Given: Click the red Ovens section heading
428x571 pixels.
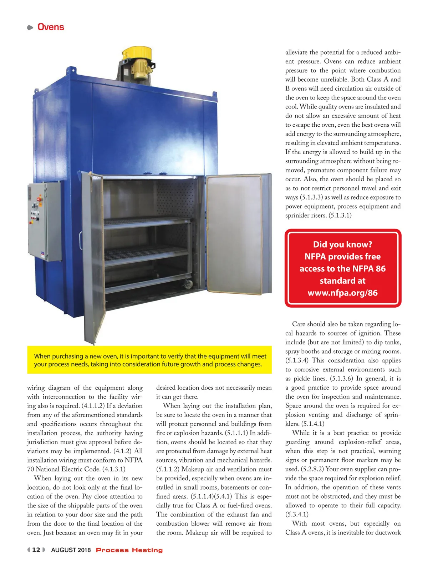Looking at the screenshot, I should pyautogui.click(x=51, y=27).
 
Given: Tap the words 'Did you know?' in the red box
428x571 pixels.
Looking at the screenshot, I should pyautogui.click(x=342, y=244).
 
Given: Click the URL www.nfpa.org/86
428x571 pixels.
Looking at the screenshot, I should pyautogui.click(x=342, y=293).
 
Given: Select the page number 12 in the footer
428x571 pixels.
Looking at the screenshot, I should pyautogui.click(x=36, y=550).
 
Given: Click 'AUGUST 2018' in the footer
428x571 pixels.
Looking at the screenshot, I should pyautogui.click(x=71, y=550).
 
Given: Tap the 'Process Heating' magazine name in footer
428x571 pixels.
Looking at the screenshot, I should pyautogui.click(x=129, y=550).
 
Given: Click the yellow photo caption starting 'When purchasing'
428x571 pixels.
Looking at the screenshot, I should pyautogui.click(x=150, y=360).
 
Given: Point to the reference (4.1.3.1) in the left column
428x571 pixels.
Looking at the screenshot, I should pyautogui.click(x=114, y=469).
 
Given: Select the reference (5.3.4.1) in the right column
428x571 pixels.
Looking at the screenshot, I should pyautogui.click(x=297, y=515).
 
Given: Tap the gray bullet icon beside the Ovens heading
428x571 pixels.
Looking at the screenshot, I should pyautogui.click(x=30, y=27).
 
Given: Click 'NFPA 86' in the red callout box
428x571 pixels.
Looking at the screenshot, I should pyautogui.click(x=370, y=269).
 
